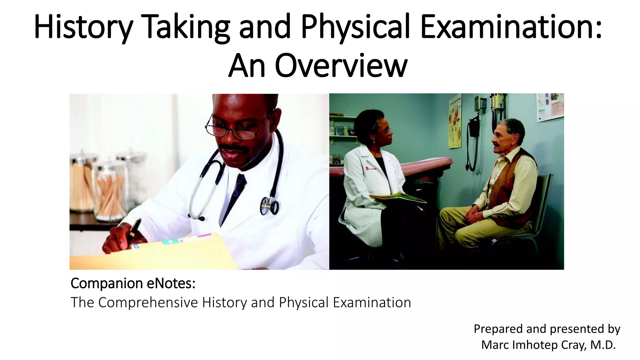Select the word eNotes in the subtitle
[x=171, y=283]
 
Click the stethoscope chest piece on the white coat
[x=269, y=206]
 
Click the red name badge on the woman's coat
[x=371, y=169]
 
